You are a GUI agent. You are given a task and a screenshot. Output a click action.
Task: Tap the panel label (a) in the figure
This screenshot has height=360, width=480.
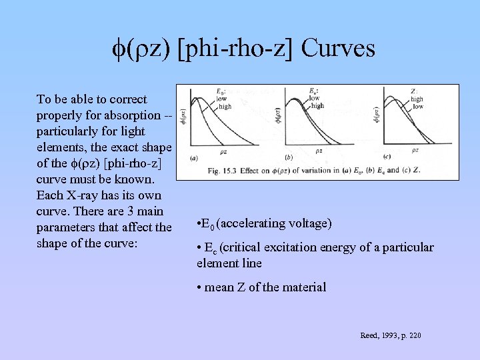coord(193,158)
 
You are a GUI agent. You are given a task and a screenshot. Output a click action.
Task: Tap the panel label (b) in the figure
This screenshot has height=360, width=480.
coord(288,158)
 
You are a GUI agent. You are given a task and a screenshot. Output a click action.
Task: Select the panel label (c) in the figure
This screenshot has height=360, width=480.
coord(381,158)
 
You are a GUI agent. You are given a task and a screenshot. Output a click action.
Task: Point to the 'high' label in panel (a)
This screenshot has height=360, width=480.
coord(225,106)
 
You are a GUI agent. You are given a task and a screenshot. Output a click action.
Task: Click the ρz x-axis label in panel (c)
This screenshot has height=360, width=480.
coord(415,151)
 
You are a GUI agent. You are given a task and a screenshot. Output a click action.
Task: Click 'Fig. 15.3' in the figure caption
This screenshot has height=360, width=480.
coord(223,171)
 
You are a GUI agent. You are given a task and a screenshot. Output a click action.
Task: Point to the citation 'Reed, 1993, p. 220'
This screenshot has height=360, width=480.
coord(390,335)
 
